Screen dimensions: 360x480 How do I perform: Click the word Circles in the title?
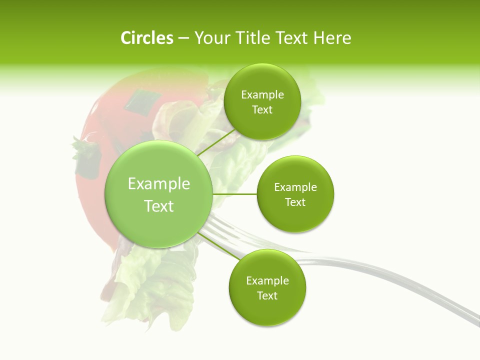click(x=146, y=38)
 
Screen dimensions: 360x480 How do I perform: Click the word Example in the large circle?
click(x=159, y=184)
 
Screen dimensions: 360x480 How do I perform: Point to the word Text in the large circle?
click(x=159, y=206)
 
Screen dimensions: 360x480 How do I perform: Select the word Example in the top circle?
click(x=262, y=95)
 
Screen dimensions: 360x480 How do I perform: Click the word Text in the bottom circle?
click(x=267, y=295)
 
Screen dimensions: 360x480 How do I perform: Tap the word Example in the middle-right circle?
click(x=295, y=187)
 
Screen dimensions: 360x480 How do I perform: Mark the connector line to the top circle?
click(x=216, y=142)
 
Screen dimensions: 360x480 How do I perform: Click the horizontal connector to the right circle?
click(x=234, y=194)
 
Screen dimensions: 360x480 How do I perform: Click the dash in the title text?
click(x=183, y=38)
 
